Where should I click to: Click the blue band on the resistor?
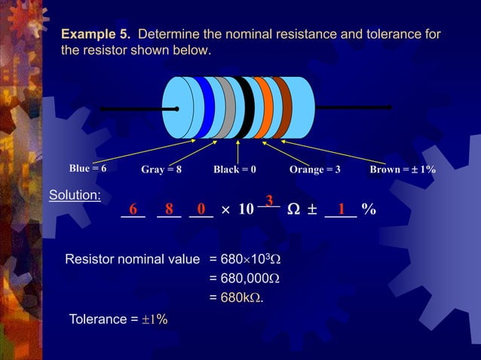pos(204,108)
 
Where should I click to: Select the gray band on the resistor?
pos(224,108)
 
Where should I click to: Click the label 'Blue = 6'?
pos(87,169)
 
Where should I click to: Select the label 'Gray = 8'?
pos(161,169)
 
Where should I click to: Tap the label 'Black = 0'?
pos(234,169)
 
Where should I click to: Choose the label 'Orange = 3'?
pos(314,169)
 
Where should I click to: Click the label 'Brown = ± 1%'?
pos(403,169)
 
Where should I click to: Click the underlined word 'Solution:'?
pos(75,196)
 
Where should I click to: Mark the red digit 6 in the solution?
pos(133,209)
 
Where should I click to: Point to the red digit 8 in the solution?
pos(170,209)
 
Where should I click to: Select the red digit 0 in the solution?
pos(201,209)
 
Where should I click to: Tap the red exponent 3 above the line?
pos(268,200)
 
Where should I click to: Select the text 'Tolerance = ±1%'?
pos(118,319)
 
